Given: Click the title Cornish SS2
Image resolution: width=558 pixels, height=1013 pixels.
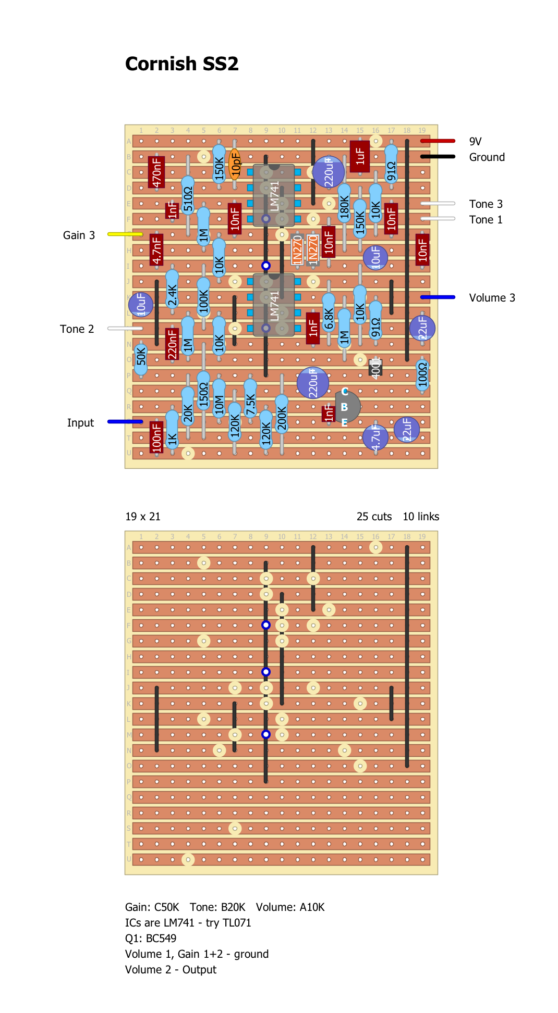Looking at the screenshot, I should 181,64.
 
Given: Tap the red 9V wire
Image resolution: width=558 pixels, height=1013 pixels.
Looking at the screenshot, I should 438,141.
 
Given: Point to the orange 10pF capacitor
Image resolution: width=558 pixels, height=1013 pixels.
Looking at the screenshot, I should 235,164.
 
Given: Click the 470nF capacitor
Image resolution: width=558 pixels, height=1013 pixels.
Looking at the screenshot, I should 156,172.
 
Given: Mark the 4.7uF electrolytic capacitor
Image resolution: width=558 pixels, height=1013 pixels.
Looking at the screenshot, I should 375,437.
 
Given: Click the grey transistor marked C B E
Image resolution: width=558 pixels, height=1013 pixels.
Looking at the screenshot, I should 346,407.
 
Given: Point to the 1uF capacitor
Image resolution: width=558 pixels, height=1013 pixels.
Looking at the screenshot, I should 360,156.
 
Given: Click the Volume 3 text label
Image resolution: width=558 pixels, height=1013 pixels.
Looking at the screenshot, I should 492,298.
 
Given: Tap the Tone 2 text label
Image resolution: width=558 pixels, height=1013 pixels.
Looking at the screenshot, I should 77,329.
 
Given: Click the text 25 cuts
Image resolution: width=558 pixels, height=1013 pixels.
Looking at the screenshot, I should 374,517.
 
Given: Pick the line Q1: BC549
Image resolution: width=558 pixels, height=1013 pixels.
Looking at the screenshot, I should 151,939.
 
